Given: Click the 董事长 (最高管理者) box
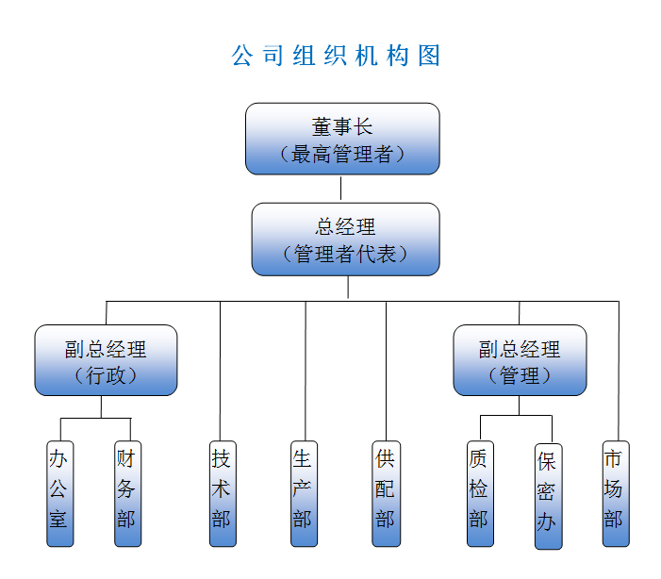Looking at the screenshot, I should (342, 139).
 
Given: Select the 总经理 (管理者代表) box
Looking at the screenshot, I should (345, 240).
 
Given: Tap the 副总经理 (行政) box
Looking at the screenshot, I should (106, 360).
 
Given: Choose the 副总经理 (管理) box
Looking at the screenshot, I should (520, 360).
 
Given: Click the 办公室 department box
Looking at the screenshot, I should (59, 493).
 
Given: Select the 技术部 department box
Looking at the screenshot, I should (222, 493).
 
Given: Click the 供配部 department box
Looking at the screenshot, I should (385, 493).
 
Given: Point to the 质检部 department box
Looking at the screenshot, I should (480, 493).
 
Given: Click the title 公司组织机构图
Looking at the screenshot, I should (336, 56).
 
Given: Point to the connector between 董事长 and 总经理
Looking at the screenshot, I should (341, 189).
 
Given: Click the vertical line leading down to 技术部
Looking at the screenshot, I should (221, 372).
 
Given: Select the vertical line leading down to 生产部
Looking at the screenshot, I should (305, 372).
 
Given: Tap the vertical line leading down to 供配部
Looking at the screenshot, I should (386, 372).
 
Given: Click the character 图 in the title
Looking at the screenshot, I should (429, 56).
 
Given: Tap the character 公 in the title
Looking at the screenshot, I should (242, 56).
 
